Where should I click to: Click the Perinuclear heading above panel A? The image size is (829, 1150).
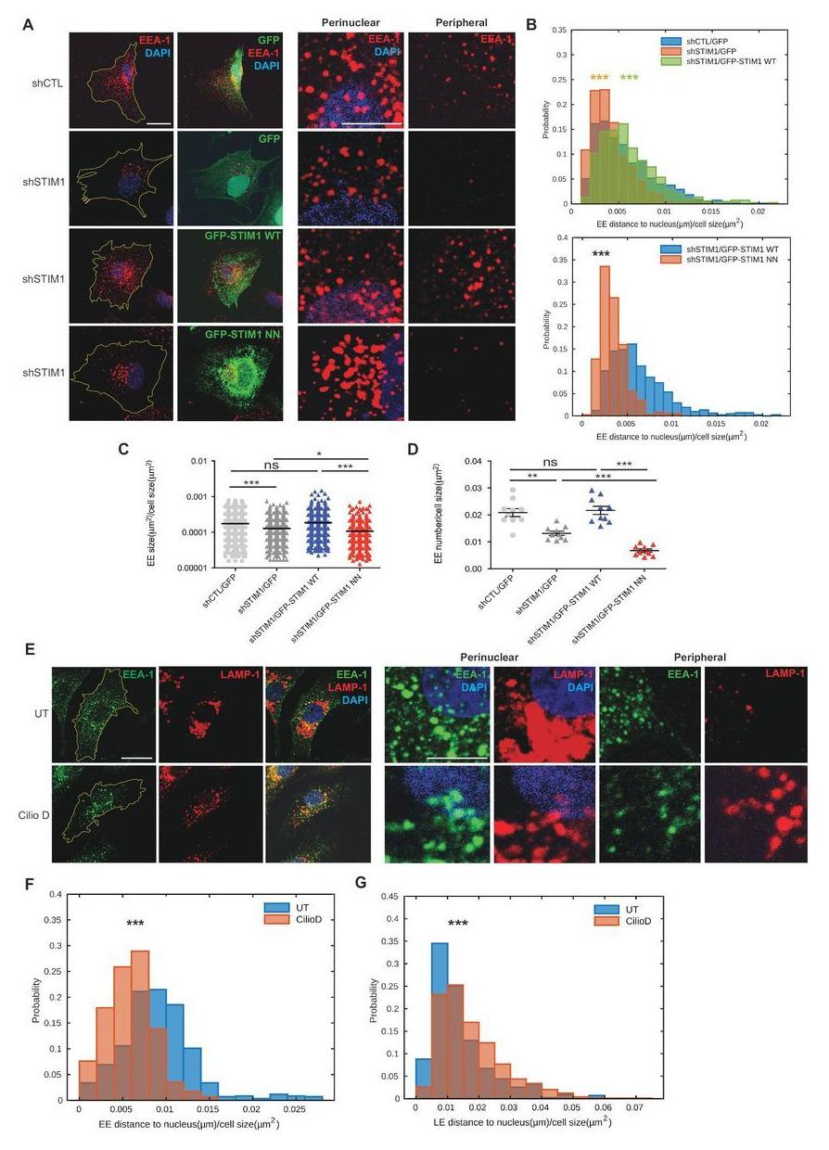click(351, 21)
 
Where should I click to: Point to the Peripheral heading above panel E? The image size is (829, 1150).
click(699, 657)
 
